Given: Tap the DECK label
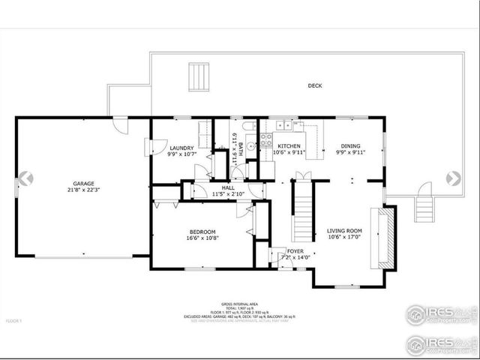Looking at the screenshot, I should (x=315, y=85).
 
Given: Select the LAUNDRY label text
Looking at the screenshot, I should (x=181, y=148).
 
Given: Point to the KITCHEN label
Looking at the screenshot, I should (x=289, y=146).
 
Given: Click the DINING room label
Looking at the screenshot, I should (x=350, y=146).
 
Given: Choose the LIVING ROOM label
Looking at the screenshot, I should (x=344, y=231).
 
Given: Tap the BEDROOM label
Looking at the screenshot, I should (x=202, y=232).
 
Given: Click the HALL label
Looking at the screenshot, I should (x=227, y=187).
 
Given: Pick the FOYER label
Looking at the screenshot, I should (x=295, y=251).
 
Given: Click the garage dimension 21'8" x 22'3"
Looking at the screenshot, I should (x=83, y=190).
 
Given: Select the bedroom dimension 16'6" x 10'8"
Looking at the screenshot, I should (x=202, y=238).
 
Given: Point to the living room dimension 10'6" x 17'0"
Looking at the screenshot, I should (x=344, y=238).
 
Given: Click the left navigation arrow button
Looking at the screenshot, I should (x=25, y=178).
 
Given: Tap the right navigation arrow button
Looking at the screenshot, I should (x=453, y=178).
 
